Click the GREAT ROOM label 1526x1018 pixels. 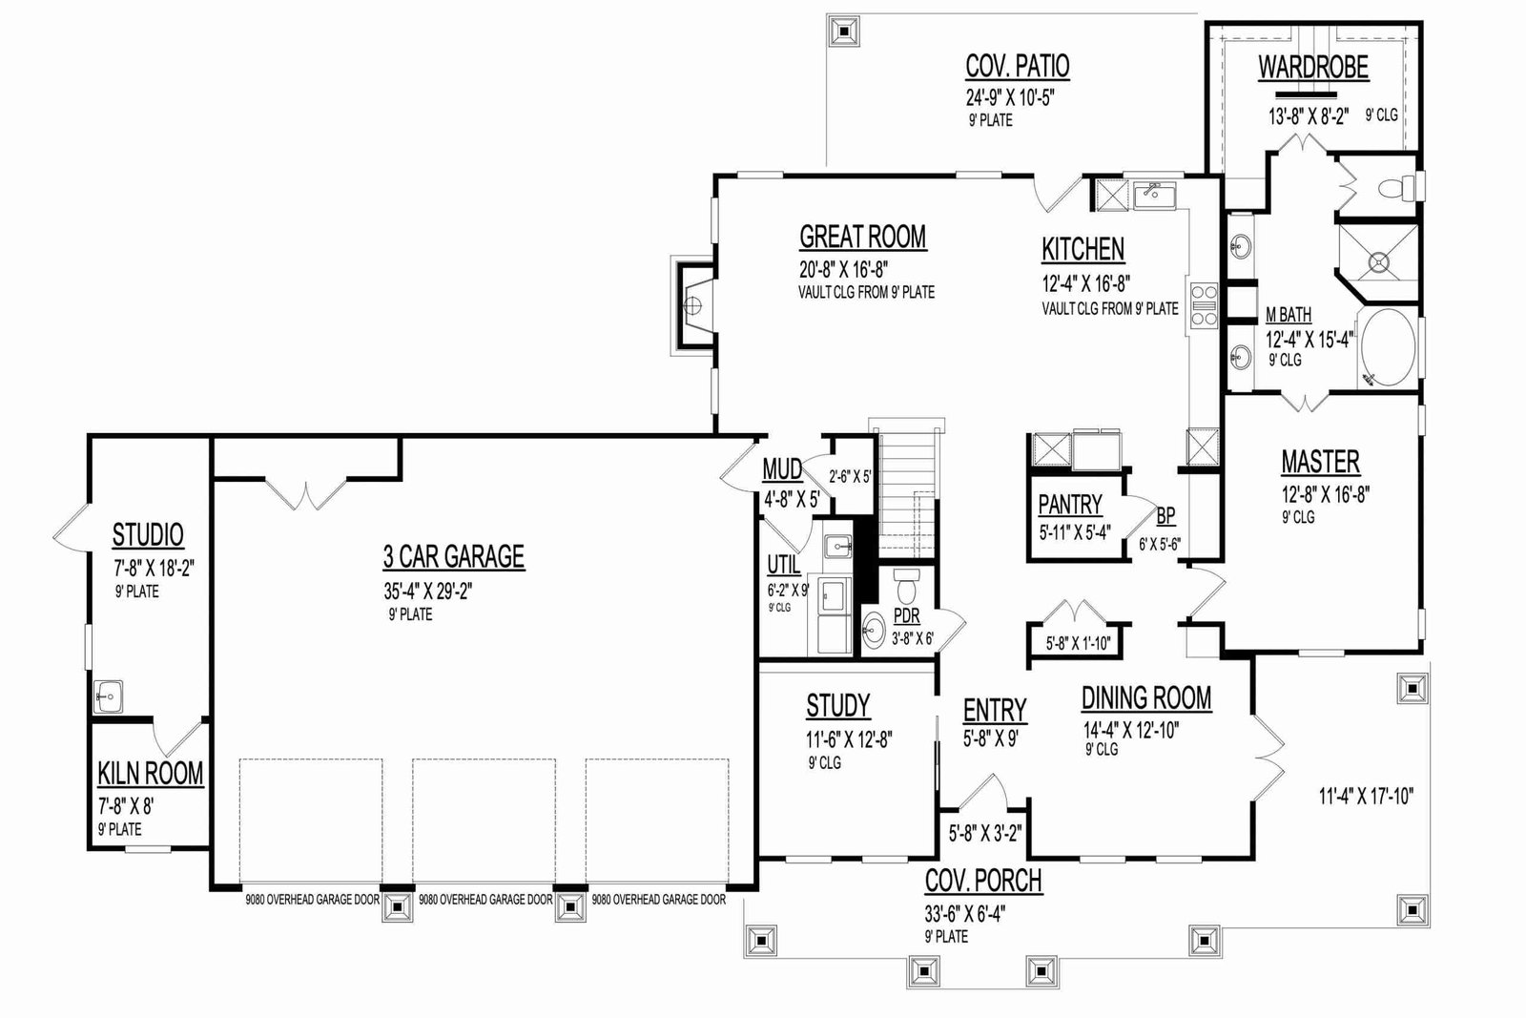click(x=862, y=238)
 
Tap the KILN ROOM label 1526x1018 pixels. click(x=151, y=774)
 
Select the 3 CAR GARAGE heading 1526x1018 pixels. click(x=454, y=556)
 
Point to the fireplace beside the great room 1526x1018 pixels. click(x=693, y=305)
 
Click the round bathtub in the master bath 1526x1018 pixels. click(x=1388, y=348)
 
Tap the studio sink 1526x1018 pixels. click(x=108, y=696)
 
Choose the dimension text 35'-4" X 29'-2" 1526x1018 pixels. click(x=428, y=591)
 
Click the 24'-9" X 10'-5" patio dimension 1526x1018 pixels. click(x=1010, y=97)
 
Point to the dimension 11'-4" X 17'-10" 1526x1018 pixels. click(x=1366, y=796)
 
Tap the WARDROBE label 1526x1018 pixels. click(x=1312, y=68)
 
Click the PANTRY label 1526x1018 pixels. click(x=1069, y=505)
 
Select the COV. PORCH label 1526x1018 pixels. click(x=983, y=881)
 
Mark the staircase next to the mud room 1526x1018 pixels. click(x=907, y=488)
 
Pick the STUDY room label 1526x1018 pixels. click(x=838, y=706)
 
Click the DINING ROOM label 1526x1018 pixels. click(x=1146, y=698)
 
